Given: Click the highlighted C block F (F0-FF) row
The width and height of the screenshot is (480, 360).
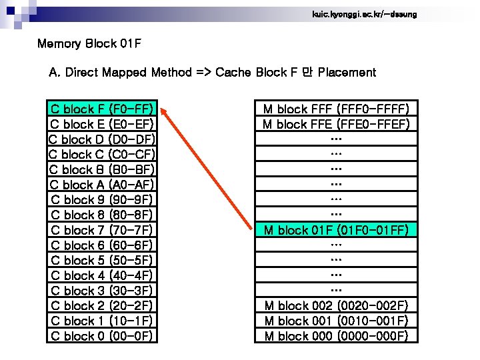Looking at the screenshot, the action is pyautogui.click(x=102, y=109).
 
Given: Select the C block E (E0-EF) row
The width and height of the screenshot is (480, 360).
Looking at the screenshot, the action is pyautogui.click(x=102, y=124).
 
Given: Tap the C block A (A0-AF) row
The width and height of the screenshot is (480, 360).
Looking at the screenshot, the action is pyautogui.click(x=102, y=185).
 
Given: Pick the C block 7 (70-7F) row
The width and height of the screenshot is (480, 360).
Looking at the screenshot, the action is pyautogui.click(x=102, y=230).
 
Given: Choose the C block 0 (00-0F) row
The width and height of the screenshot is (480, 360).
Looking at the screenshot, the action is pyautogui.click(x=102, y=336).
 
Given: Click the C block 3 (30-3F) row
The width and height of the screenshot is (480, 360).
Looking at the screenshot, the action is pyautogui.click(x=102, y=291).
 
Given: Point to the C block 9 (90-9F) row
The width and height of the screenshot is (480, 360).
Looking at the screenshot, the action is pyautogui.click(x=102, y=199).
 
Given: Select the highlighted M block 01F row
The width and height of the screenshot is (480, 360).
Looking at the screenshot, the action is pyautogui.click(x=336, y=230).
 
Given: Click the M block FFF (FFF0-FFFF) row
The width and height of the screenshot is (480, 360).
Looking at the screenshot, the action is pyautogui.click(x=336, y=109).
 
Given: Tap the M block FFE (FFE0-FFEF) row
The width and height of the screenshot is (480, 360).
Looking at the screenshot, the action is pyautogui.click(x=336, y=124).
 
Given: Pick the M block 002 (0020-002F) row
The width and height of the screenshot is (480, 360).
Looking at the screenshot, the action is pyautogui.click(x=336, y=306).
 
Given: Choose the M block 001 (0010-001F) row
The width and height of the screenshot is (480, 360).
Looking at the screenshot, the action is pyautogui.click(x=336, y=321).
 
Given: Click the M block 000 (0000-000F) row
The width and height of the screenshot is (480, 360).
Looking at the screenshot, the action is pyautogui.click(x=336, y=336).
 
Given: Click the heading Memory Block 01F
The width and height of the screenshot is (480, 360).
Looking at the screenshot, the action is pyautogui.click(x=89, y=45).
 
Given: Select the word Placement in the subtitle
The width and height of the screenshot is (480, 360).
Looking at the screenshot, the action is pyautogui.click(x=347, y=72).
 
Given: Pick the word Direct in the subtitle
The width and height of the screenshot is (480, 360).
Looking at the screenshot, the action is pyautogui.click(x=83, y=72).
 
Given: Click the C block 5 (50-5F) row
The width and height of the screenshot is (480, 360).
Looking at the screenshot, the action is pyautogui.click(x=102, y=261).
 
